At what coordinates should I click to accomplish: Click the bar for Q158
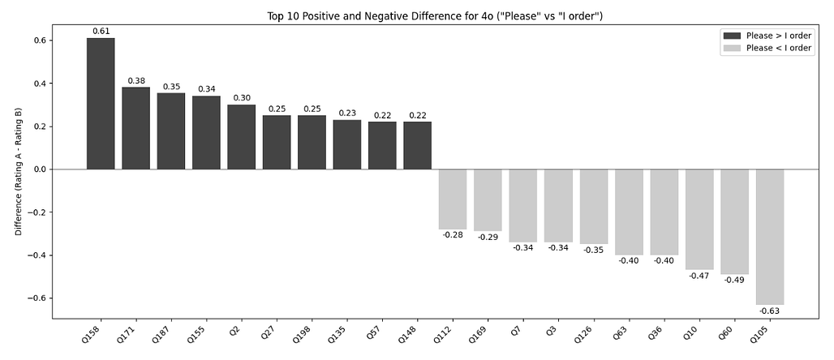coord(101,104)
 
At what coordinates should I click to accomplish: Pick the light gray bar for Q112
coord(453,199)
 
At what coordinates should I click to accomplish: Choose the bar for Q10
coord(699,220)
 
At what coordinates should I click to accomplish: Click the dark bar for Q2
coord(241,137)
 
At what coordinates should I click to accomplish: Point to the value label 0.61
coord(101,32)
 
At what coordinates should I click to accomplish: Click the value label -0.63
coord(769,311)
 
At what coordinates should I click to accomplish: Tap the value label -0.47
coord(699,276)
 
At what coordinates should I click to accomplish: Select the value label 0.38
coord(135,81)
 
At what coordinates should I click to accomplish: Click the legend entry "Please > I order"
coord(766,35)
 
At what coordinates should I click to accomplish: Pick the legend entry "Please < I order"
coord(766,48)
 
